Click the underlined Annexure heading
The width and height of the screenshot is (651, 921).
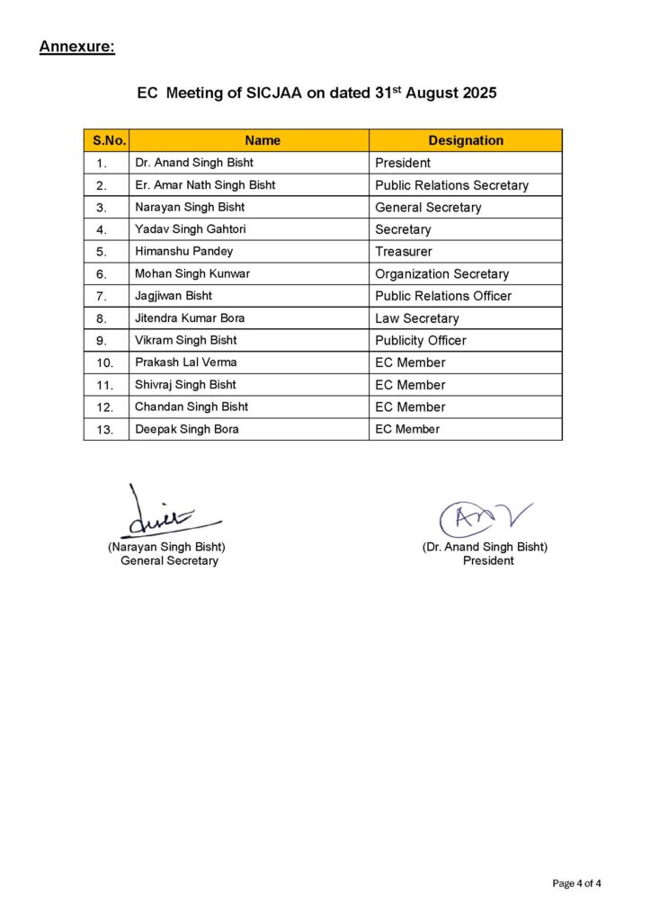[76, 47]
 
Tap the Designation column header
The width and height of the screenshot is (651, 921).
[466, 140]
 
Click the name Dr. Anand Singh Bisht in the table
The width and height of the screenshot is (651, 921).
[193, 163]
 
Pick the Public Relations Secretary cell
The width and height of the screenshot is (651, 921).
[451, 185]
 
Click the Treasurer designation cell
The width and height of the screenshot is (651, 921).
[404, 252]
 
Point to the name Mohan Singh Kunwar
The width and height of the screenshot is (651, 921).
[192, 273]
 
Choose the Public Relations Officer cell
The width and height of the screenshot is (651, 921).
[443, 296]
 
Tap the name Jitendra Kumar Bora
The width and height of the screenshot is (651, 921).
[190, 318]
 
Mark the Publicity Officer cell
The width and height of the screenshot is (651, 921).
[421, 340]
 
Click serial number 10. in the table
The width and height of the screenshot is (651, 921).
[105, 362]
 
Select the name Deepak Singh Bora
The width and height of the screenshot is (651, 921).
[187, 429]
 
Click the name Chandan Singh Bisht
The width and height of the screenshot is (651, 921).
[192, 407]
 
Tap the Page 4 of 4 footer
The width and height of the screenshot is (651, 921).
[576, 883]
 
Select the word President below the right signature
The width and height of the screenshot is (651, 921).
[488, 560]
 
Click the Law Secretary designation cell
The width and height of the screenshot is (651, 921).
[416, 318]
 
